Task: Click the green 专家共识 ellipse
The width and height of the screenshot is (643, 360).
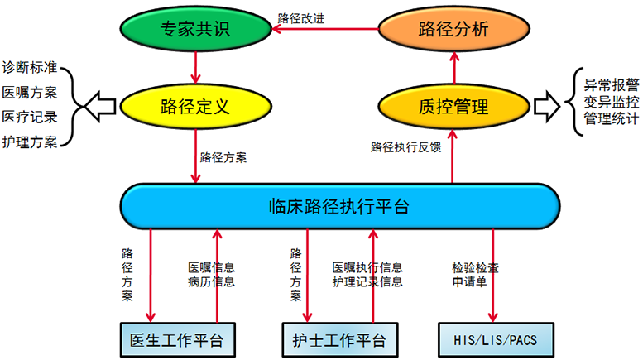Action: pyautogui.click(x=196, y=31)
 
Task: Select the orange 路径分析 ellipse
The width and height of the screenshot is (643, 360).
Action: pyautogui.click(x=453, y=31)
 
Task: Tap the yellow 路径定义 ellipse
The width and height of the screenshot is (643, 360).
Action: pyautogui.click(x=196, y=106)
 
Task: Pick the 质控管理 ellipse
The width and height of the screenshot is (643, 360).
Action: pyautogui.click(x=453, y=106)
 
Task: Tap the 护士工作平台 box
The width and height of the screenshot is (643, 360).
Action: pyautogui.click(x=338, y=338)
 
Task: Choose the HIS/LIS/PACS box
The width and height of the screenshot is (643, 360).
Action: pyautogui.click(x=495, y=338)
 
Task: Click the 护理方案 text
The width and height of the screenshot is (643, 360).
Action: pyautogui.click(x=29, y=141)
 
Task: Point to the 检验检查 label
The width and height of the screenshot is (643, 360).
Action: pyautogui.click(x=475, y=268)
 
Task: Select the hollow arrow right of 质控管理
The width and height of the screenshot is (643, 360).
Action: pyautogui.click(x=546, y=106)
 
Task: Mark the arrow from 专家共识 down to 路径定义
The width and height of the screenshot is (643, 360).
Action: pyautogui.click(x=196, y=65)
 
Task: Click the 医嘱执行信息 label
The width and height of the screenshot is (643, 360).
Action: pyautogui.click(x=368, y=268)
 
